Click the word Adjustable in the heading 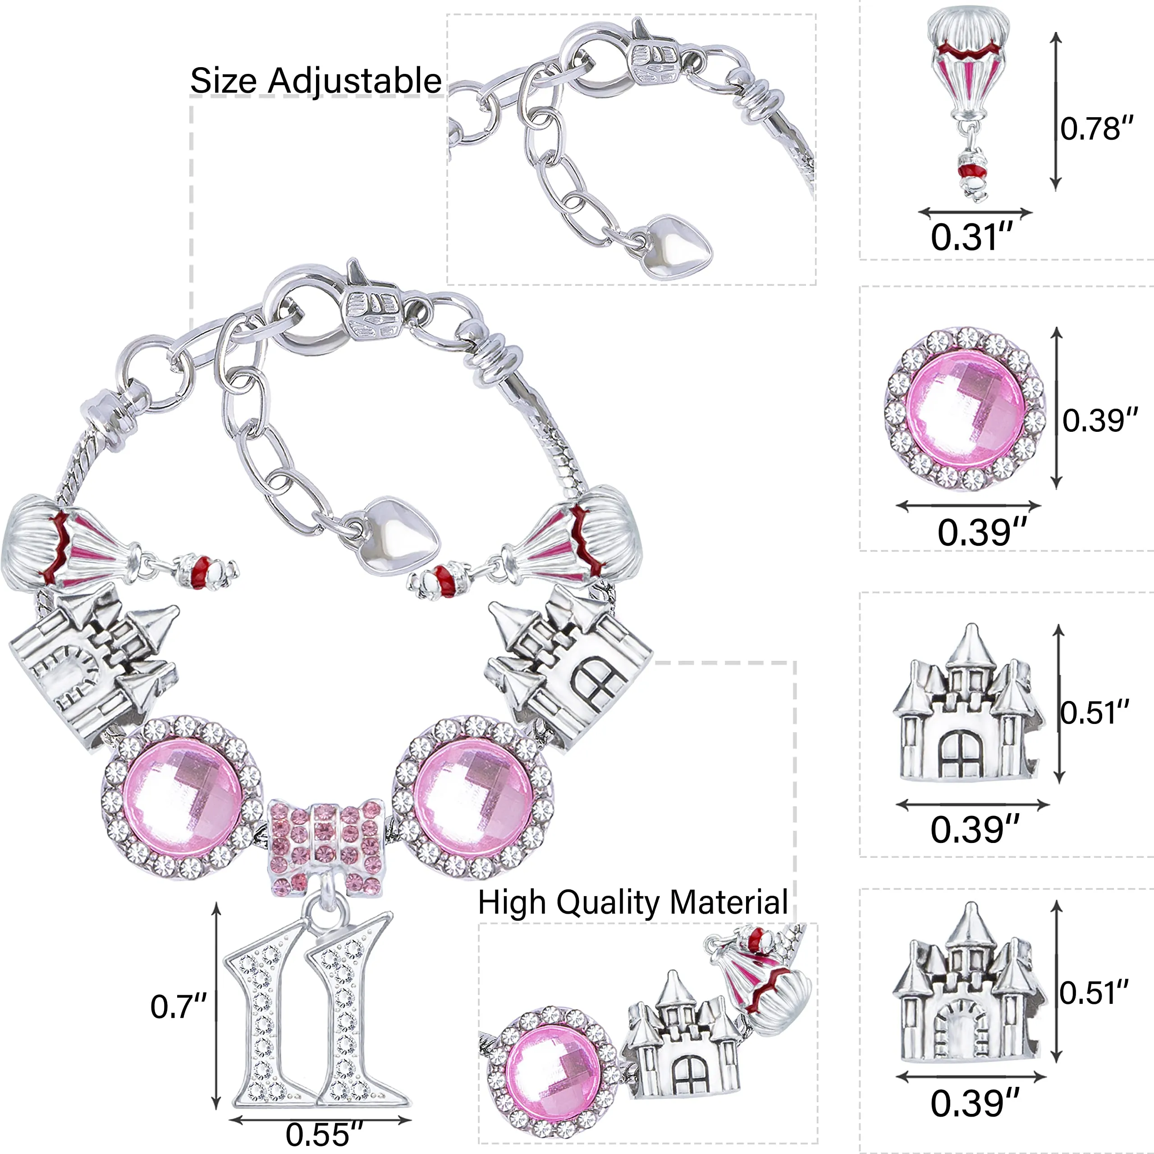click(x=354, y=81)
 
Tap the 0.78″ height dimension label click(x=1097, y=128)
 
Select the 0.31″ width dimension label click(x=972, y=237)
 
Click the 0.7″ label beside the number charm click(x=178, y=1007)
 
